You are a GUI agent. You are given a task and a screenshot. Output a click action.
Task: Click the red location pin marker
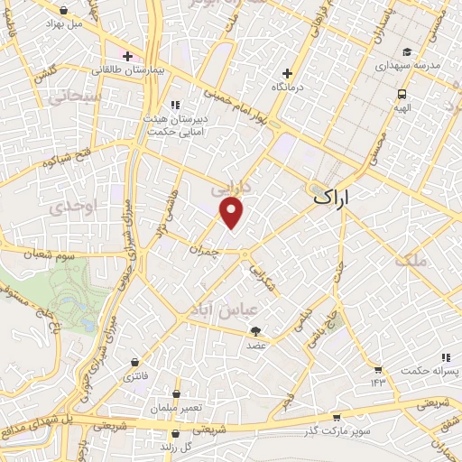233,213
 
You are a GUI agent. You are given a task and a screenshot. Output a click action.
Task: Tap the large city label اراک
332,194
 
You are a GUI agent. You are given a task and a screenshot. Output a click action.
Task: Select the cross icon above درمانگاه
288,73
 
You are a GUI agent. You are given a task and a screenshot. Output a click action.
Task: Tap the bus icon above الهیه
401,92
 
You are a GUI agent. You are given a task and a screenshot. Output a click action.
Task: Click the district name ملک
411,261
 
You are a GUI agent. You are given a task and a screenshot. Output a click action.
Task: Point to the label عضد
255,344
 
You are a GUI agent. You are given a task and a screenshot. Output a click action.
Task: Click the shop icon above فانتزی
135,363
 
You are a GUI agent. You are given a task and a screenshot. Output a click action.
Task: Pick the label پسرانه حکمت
426,371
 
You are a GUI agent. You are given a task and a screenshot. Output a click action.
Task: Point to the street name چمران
204,245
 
